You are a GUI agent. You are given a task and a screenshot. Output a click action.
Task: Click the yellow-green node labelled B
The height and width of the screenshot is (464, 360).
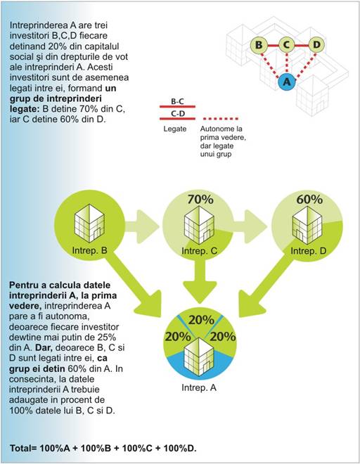pyautogui.click(x=259, y=45)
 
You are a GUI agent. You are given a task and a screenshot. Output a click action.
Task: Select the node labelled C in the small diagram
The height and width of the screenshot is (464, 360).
pyautogui.click(x=286, y=45)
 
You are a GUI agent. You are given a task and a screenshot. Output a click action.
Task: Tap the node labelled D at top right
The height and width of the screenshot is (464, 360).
pyautogui.click(x=316, y=45)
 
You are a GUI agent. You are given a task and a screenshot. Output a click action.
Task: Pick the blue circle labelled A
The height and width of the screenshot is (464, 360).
pyautogui.click(x=287, y=82)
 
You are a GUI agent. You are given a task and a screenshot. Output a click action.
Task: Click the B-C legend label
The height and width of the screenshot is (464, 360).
pyautogui.click(x=177, y=101)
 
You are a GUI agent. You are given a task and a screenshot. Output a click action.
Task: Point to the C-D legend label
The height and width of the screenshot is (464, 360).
pyautogui.click(x=178, y=114)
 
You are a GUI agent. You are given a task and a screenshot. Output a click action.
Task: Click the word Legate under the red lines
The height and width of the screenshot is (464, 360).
pyautogui.click(x=175, y=129)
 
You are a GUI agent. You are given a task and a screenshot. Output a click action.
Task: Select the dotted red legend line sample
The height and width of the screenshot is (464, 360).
pyautogui.click(x=221, y=119)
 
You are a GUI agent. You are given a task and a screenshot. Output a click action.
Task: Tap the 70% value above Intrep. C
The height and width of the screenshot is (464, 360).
pyautogui.click(x=200, y=200)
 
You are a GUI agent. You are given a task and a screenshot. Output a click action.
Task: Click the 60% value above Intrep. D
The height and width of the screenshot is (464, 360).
pyautogui.click(x=309, y=200)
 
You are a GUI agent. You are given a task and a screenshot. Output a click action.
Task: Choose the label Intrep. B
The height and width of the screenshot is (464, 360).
pyautogui.click(x=89, y=251)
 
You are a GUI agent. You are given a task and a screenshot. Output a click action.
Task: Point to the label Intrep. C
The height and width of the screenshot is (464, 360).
pyautogui.click(x=199, y=251)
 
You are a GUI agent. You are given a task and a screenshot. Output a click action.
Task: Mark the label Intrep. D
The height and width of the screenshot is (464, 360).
pyautogui.click(x=308, y=251)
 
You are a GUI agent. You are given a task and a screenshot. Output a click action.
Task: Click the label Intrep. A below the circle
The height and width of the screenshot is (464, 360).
pyautogui.click(x=199, y=387)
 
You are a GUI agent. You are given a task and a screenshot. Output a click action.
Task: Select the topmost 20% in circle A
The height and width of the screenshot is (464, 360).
pyautogui.click(x=201, y=320)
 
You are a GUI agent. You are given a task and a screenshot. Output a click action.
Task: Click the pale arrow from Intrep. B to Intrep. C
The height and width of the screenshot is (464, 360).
pyautogui.click(x=143, y=226)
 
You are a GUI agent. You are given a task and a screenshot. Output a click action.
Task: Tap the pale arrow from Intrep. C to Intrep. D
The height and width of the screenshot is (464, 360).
pyautogui.click(x=251, y=226)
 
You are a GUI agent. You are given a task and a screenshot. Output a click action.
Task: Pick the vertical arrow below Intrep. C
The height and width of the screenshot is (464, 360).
pyautogui.click(x=200, y=281)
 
